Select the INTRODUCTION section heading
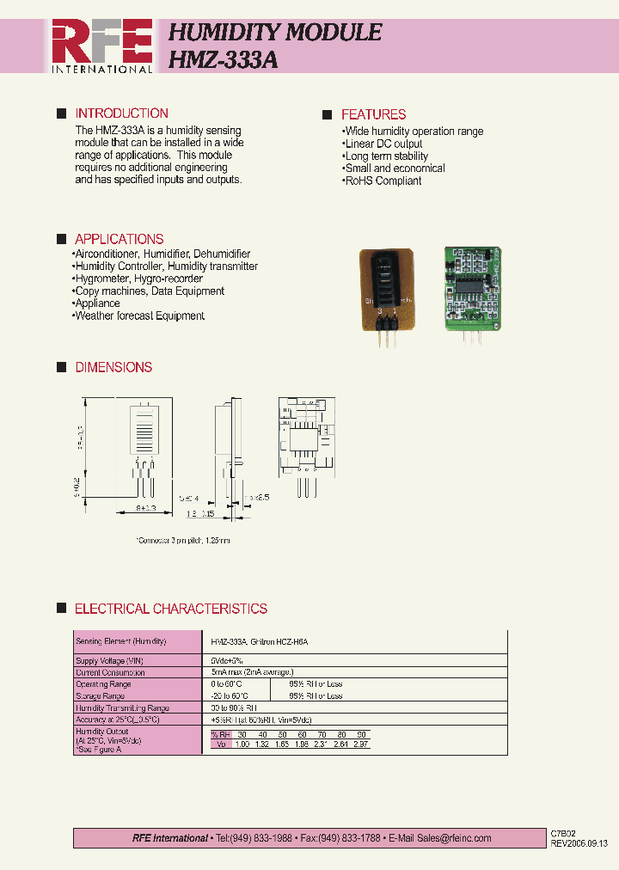[121, 113]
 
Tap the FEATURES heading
[373, 114]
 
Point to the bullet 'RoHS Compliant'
[383, 181]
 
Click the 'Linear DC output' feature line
[383, 144]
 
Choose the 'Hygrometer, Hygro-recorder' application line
[138, 279]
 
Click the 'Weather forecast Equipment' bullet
[138, 316]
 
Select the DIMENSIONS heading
[113, 367]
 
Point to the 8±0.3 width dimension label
[145, 510]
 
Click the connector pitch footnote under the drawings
[183, 541]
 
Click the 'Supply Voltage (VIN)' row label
[110, 660]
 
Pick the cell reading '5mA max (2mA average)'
[253, 672]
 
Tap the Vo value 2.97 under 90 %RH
[361, 744]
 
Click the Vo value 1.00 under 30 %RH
[242, 744]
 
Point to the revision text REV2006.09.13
[579, 843]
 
